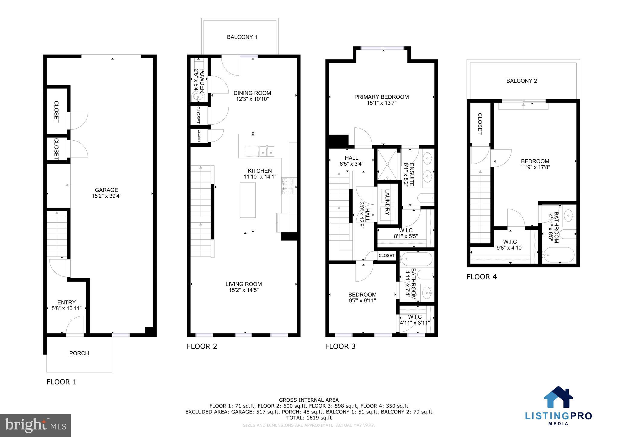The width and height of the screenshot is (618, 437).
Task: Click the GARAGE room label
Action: tap(106, 190)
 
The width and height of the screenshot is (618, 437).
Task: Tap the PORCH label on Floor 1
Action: tap(79, 353)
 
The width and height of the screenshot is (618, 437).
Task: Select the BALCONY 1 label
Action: tap(242, 37)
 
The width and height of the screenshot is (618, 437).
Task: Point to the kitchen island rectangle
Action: tap(248, 200)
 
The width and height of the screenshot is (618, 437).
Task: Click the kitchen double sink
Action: tap(267, 151)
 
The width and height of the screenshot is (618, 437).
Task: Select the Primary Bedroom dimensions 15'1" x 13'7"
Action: tap(381, 103)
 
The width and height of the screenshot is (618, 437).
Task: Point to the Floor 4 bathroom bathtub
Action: tap(558, 255)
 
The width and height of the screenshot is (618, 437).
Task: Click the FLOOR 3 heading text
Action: tap(340, 346)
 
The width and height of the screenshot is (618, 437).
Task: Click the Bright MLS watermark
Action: tap(36, 425)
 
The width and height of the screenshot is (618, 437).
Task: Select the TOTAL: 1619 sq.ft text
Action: tap(309, 418)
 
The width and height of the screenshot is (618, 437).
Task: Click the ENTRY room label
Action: tap(66, 302)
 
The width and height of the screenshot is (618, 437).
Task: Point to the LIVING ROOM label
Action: tap(244, 284)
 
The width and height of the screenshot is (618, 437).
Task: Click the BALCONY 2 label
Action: tap(521, 81)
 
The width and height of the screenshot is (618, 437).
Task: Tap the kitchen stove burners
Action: tap(285, 186)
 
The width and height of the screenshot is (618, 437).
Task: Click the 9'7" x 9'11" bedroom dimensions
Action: tap(362, 300)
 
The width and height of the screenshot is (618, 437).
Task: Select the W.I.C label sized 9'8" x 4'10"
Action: tap(510, 242)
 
